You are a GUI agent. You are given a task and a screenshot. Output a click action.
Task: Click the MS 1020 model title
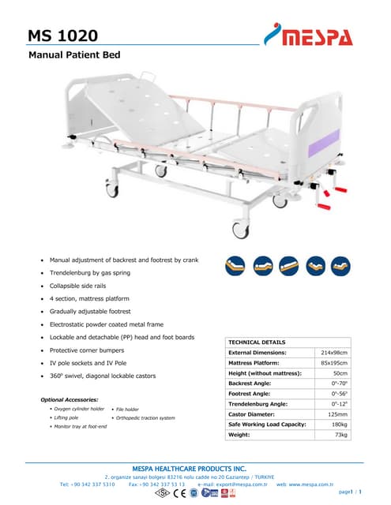point(62,36)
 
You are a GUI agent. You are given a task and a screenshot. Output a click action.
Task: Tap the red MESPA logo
point(309,35)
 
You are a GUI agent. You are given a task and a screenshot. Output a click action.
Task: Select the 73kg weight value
point(341,434)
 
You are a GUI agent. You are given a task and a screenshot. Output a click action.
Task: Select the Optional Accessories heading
point(70,400)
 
